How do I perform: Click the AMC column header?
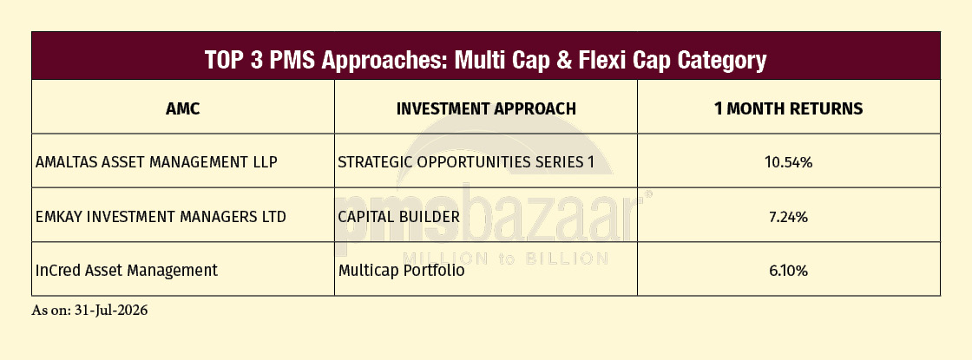183,108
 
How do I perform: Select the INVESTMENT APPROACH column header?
486,108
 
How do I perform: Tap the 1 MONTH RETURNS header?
789,108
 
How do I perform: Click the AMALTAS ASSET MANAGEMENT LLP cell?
156,162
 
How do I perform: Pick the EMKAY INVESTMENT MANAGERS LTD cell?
161,217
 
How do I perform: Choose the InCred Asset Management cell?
127,271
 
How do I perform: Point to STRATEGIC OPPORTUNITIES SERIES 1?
465,162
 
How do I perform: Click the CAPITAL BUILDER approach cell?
399,217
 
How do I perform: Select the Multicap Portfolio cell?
401,271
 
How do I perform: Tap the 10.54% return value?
789,162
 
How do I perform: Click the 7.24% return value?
789,217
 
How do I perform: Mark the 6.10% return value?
789,271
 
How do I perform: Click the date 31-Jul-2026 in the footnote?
110,311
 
